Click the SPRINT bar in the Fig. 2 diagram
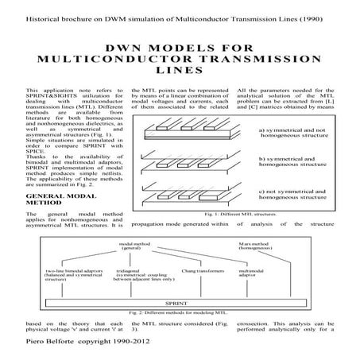click(180, 303)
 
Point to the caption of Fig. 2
click(180, 315)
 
